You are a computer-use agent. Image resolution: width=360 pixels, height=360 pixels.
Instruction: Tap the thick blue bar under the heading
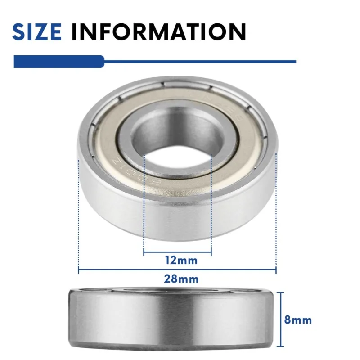click(x=58, y=61)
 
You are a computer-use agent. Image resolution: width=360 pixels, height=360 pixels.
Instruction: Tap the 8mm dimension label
click(x=298, y=320)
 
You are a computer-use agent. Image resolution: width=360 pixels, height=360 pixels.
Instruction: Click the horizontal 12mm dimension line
click(x=177, y=252)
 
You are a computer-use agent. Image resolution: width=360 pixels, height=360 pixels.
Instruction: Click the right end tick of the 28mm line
click(x=276, y=270)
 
